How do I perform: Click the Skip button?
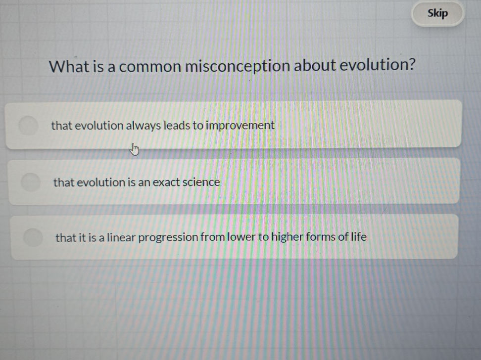pyautogui.click(x=437, y=13)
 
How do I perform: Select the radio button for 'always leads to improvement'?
pyautogui.click(x=29, y=125)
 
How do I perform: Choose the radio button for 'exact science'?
pyautogui.click(x=31, y=181)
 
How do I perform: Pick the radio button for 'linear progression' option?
pyautogui.click(x=33, y=237)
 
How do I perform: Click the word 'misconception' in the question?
pyautogui.click(x=238, y=66)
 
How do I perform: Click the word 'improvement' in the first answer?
pyautogui.click(x=240, y=126)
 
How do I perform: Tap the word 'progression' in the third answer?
pyautogui.click(x=168, y=238)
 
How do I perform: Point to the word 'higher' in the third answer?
pyautogui.click(x=287, y=237)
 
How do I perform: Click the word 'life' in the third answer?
pyautogui.click(x=359, y=236)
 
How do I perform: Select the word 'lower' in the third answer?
pyautogui.click(x=240, y=237)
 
